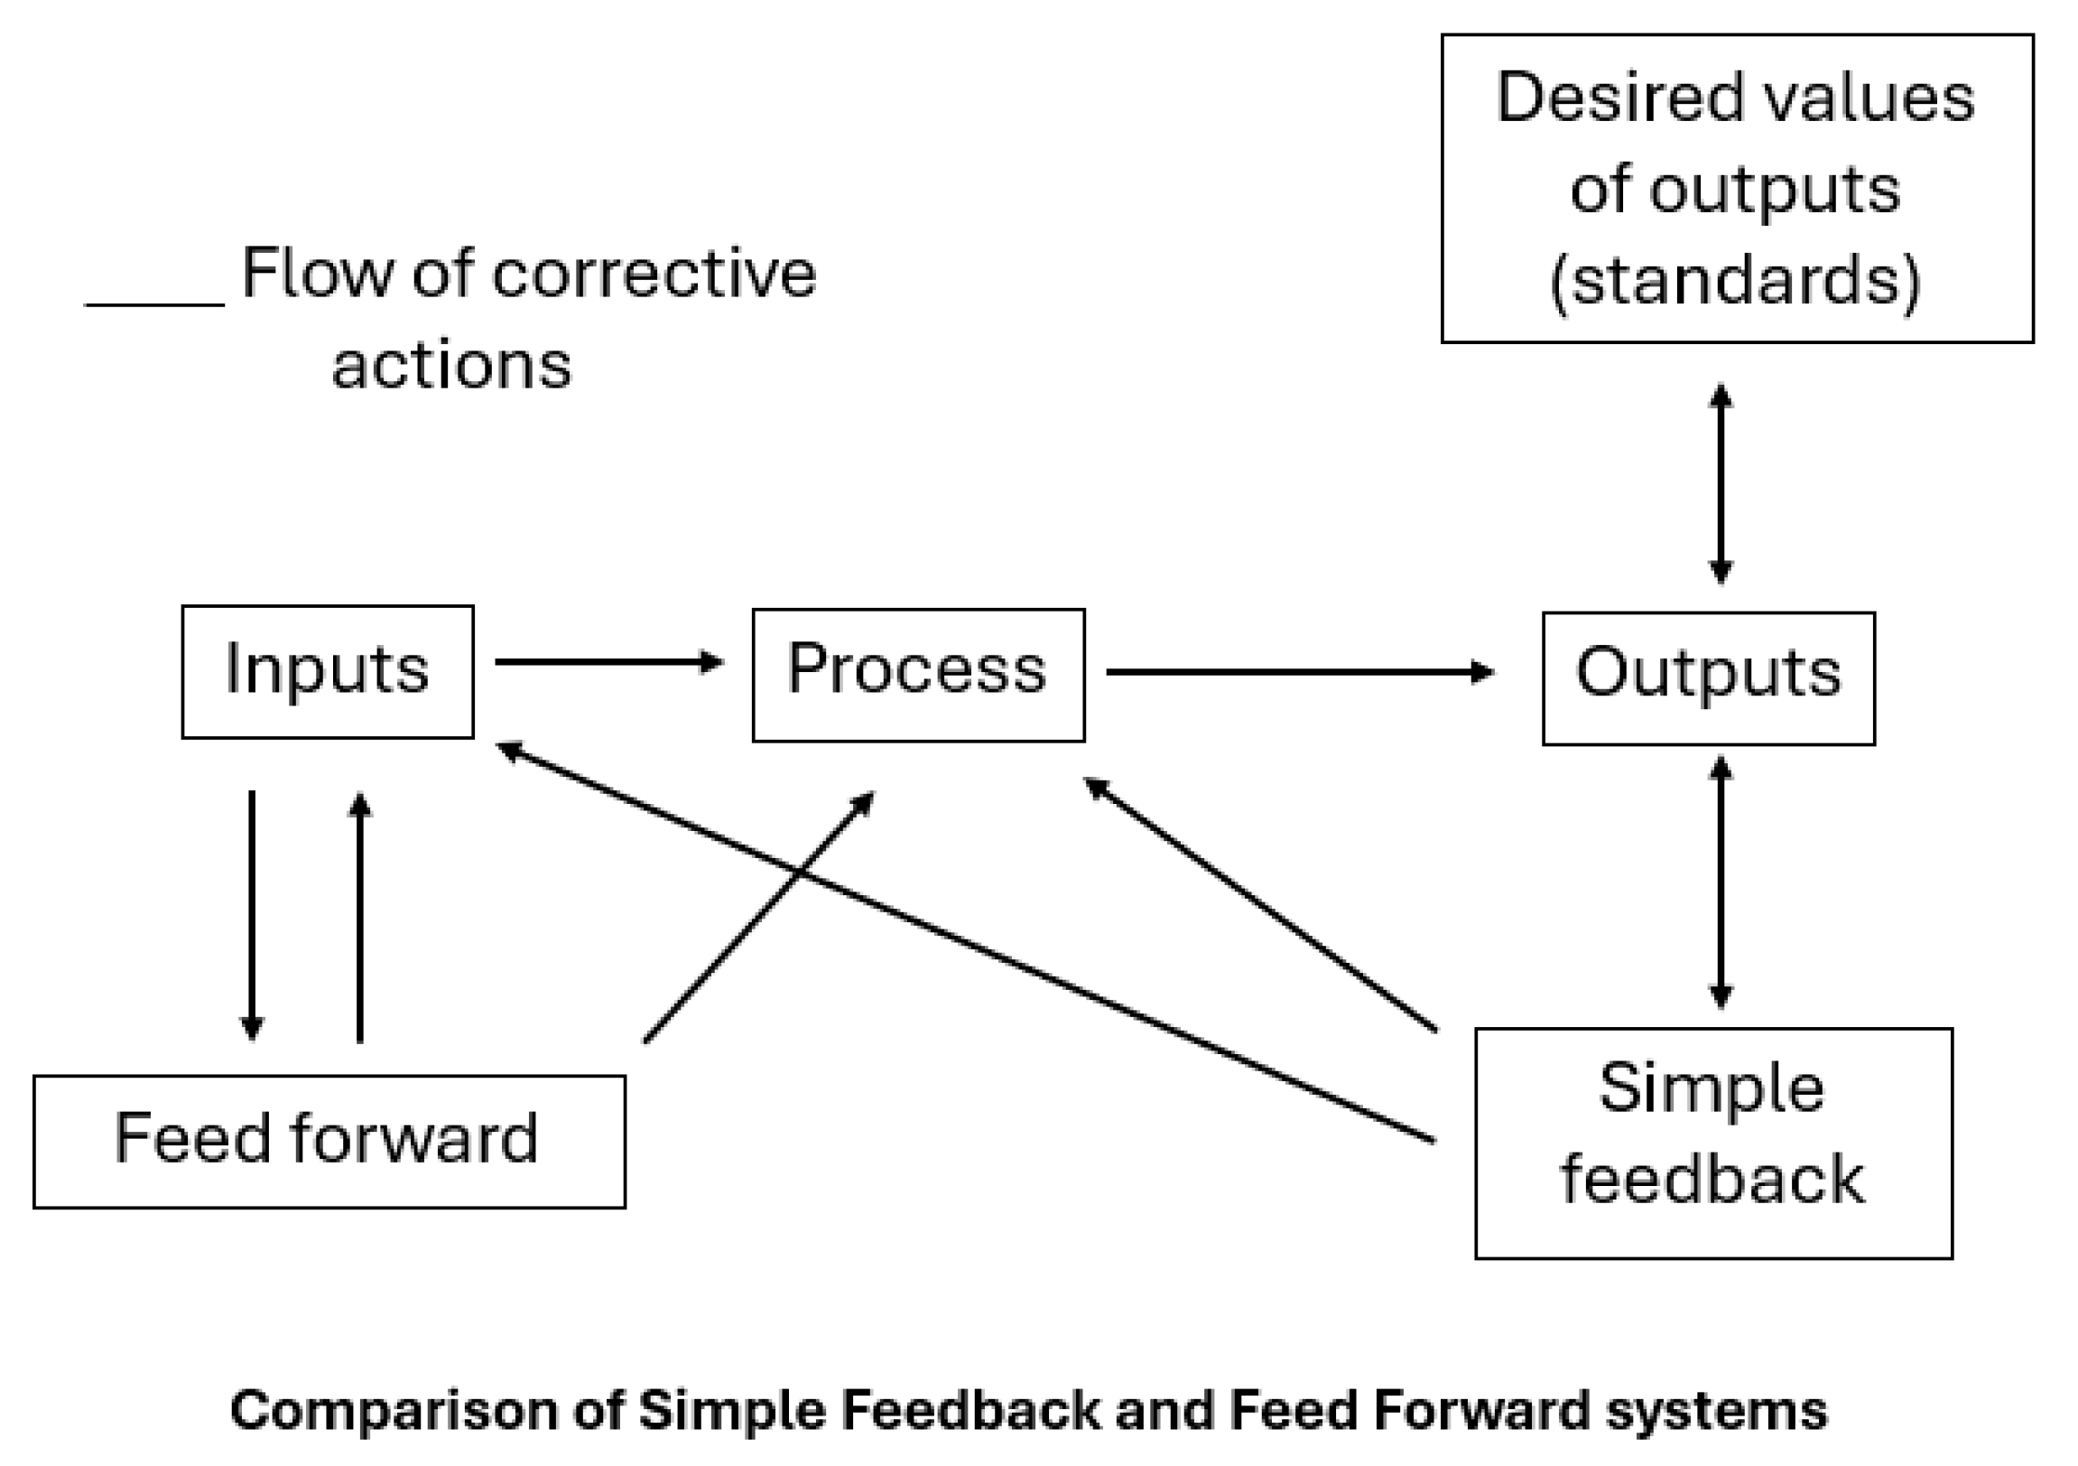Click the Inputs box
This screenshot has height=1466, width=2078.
327,672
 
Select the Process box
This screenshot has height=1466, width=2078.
918,676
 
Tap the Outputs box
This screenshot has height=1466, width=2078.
1708,679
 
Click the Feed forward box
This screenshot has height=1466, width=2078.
329,1142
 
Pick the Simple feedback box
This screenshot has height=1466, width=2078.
1713,1143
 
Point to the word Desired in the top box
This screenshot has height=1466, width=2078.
1620,98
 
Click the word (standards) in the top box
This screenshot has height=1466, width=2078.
1735,281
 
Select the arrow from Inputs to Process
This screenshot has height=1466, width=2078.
608,662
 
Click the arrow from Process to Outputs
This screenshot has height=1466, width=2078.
1299,672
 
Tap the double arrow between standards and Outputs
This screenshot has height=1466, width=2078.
1720,484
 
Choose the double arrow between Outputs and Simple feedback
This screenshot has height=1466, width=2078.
1720,882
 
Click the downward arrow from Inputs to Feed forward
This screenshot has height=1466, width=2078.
252,914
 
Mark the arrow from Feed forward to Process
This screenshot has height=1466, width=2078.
758,917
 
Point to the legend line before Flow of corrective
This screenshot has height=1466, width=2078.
154,304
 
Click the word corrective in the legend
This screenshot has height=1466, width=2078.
654,274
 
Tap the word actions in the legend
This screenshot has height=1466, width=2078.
451,366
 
